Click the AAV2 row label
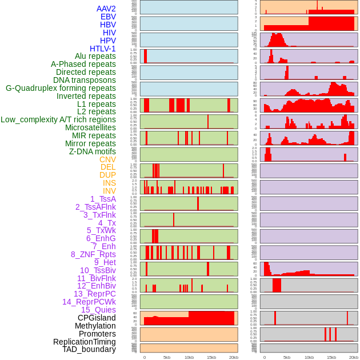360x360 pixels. coord(106,9)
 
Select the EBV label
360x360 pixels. coord(108,17)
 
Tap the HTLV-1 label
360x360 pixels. coord(102,49)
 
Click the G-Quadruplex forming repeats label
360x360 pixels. coord(61,89)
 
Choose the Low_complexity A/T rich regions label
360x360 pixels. coord(58,119)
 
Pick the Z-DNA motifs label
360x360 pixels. coord(92,151)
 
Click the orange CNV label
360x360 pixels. coord(107,159)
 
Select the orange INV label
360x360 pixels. coord(109,191)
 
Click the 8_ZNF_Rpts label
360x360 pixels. coord(93,254)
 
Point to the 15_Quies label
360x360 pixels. coord(98,310)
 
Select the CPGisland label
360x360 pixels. coord(97,318)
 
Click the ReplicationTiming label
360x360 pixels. coord(84,342)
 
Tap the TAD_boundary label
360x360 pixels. coord(89,349)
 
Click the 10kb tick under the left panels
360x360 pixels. coord(189,357)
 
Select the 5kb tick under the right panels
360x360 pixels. coord(286,357)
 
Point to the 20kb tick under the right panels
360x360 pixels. coord(354,357)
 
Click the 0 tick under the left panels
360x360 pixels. coord(144,357)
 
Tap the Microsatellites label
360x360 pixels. coord(90,127)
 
